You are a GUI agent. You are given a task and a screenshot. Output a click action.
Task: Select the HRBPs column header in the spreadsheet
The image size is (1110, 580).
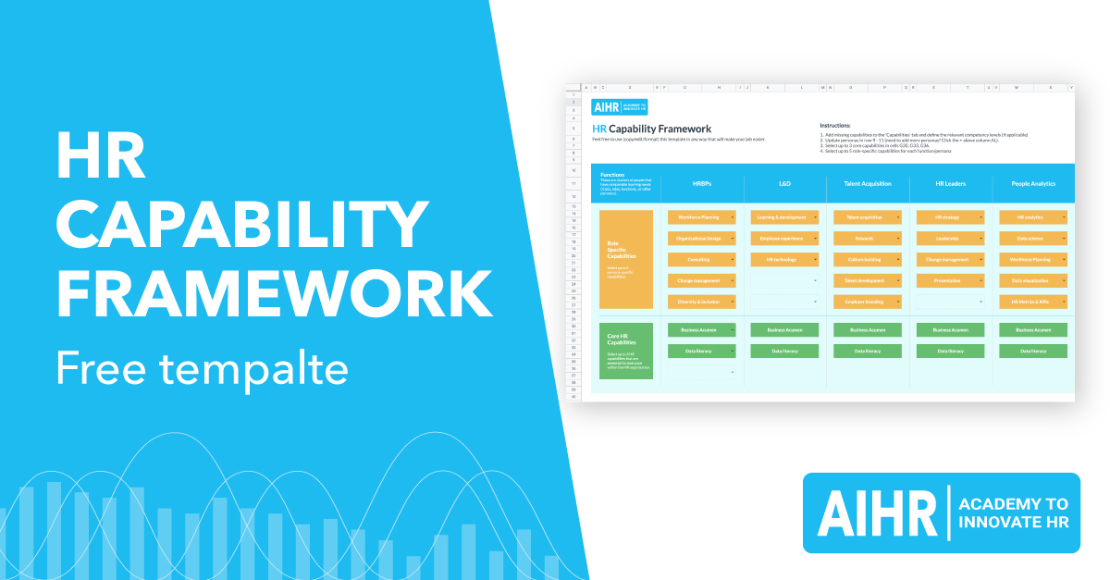(x=702, y=183)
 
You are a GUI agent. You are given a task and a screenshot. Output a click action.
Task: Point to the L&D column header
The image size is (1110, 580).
(x=784, y=183)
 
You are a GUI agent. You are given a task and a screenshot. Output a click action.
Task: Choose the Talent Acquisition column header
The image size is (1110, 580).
(x=868, y=183)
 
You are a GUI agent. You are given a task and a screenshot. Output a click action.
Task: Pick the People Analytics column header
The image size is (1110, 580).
(x=1032, y=183)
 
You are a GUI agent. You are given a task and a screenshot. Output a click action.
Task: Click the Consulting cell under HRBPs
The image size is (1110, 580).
(x=700, y=260)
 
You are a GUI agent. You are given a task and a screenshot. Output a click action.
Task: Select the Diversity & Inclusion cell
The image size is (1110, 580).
(x=700, y=302)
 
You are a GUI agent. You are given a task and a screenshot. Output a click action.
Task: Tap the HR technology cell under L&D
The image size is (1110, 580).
(x=783, y=260)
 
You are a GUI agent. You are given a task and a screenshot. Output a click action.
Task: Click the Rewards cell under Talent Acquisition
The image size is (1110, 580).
(x=866, y=239)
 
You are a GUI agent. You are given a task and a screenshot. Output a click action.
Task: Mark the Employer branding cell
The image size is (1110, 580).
(x=866, y=302)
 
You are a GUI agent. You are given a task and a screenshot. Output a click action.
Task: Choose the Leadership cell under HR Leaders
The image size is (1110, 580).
(x=949, y=239)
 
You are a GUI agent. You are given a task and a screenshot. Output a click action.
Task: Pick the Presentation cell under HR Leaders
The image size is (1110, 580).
(x=949, y=280)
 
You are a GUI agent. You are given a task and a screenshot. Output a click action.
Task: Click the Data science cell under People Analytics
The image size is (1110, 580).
(x=1031, y=239)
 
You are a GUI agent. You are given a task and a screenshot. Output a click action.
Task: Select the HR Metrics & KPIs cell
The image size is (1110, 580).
(x=1031, y=302)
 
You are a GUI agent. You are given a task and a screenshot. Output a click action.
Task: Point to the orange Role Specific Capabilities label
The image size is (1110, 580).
(x=626, y=259)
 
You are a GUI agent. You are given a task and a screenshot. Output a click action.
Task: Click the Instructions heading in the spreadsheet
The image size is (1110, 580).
(x=835, y=125)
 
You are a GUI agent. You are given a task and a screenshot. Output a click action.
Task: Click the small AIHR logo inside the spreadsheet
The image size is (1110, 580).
(x=620, y=107)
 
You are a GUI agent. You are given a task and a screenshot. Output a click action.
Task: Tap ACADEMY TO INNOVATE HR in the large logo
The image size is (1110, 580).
(x=1013, y=512)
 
